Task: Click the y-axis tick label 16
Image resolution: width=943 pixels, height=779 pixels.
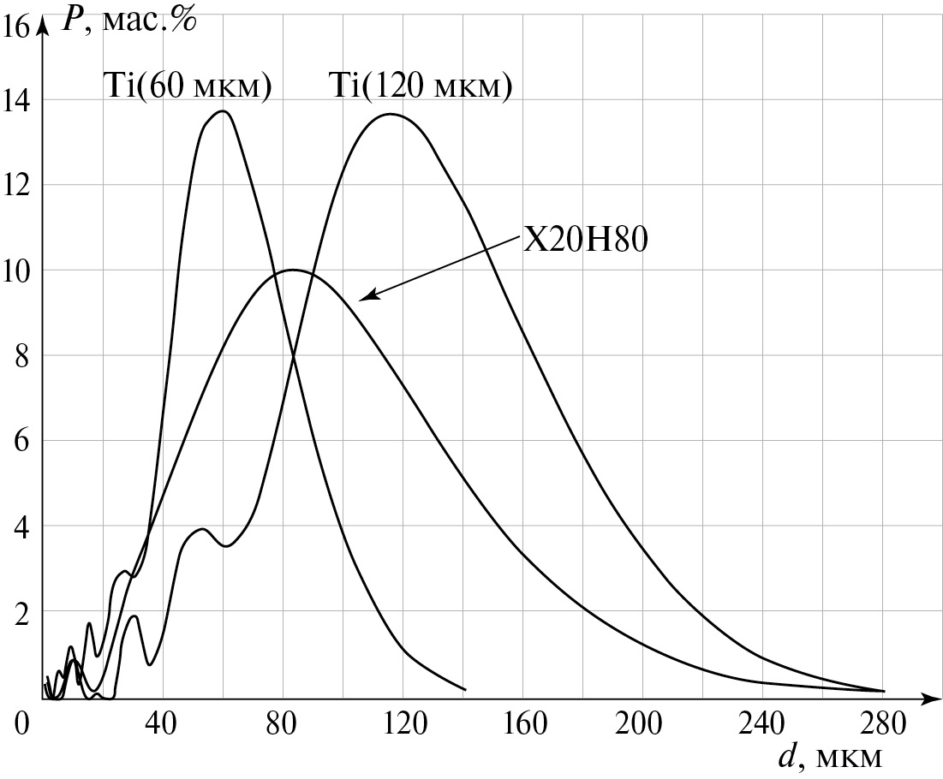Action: tap(16, 27)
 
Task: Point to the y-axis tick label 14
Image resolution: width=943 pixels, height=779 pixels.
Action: tap(16, 101)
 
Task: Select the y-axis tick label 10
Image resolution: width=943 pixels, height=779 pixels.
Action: tap(16, 271)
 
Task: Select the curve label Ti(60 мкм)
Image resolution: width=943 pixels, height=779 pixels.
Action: tap(188, 86)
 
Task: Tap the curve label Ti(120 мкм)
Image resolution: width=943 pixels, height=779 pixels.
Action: tap(420, 86)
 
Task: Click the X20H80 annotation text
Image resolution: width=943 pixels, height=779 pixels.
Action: tap(585, 241)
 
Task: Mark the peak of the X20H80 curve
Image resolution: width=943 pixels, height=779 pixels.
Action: tap(293, 270)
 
